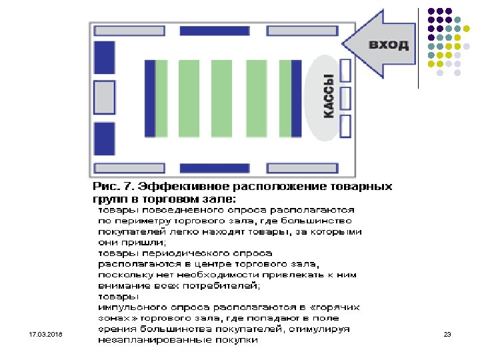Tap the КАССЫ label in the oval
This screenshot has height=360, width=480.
pyautogui.click(x=329, y=97)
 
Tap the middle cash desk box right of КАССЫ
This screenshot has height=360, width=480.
pyautogui.click(x=345, y=97)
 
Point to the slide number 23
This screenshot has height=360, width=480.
pyautogui.click(x=447, y=333)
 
